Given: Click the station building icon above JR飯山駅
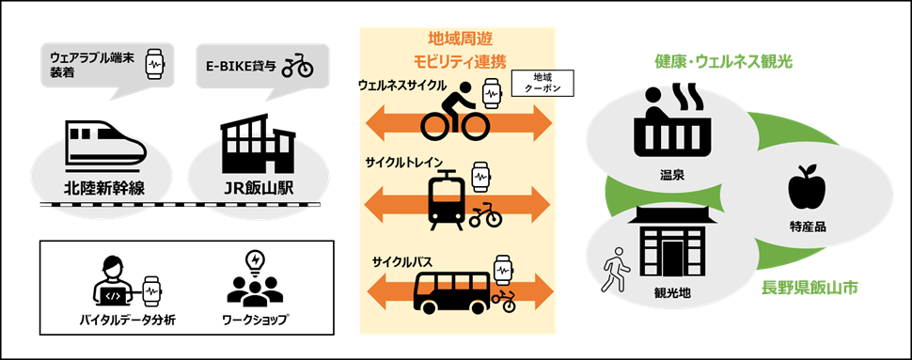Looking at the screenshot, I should coord(252,150).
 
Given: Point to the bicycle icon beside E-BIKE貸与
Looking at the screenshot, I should coord(297,65).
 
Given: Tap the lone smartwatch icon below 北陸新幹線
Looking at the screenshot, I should coord(150,290).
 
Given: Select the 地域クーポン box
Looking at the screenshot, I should coord(542,83).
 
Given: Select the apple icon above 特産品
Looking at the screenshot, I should coord(807,189).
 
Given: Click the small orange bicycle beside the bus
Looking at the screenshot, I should coord(504,301).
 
